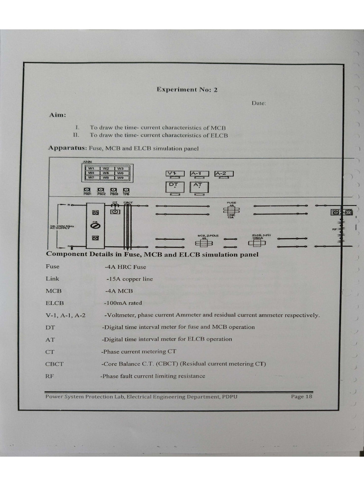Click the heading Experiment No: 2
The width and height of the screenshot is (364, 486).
pos(187,89)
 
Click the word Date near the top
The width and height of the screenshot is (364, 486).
pos(259,103)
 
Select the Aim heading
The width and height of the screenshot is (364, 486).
pos(57,115)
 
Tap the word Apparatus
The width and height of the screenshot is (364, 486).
pos(63,148)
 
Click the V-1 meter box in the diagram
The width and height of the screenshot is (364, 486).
pos(175,174)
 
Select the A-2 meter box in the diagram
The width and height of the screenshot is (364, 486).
pos(224,174)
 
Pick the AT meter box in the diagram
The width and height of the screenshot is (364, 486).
pos(199,187)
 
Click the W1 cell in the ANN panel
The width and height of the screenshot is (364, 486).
pos(91,168)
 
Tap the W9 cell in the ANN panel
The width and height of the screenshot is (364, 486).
pos(120,178)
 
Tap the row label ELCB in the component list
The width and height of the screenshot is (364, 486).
pos(55,303)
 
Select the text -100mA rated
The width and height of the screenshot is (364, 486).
pos(123,303)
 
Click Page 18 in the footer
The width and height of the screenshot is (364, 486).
pos(301,397)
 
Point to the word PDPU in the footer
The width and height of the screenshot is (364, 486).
pos(228,397)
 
